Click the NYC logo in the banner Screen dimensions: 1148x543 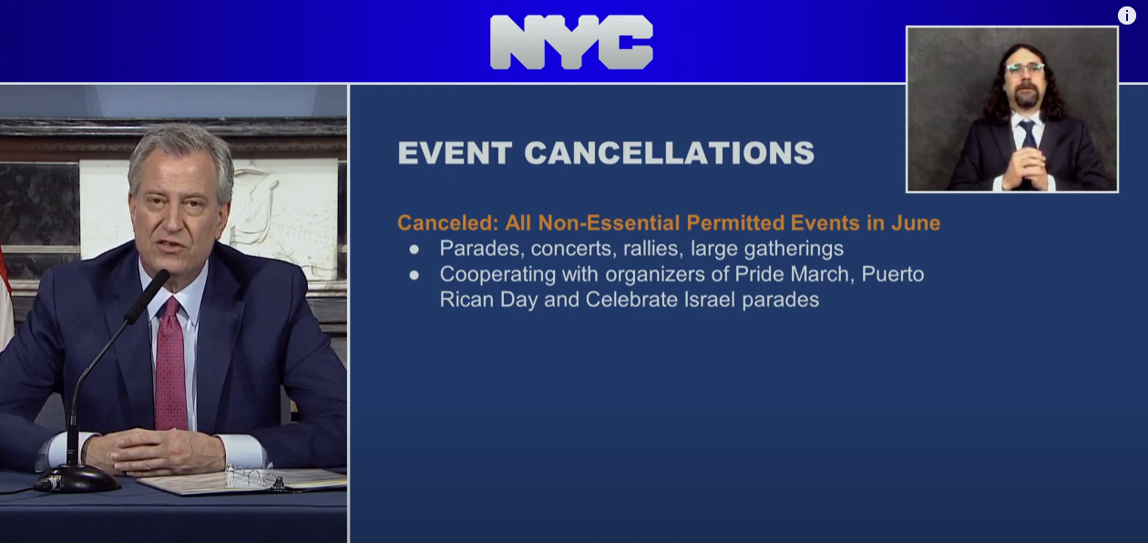point(571,42)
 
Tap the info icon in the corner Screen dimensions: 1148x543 point(1126,15)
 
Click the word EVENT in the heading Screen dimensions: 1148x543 point(455,153)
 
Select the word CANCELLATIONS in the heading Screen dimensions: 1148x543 point(670,153)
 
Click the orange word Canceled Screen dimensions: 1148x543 point(447,223)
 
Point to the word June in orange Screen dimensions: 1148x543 point(916,223)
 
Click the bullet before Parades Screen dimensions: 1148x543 point(414,250)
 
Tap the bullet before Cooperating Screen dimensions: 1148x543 point(414,275)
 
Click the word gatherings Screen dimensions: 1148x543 point(794,250)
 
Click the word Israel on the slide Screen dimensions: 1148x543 point(710,299)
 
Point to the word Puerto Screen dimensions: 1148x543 point(893,274)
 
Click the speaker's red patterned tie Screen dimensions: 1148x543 point(171,364)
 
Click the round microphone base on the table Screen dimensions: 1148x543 point(77,479)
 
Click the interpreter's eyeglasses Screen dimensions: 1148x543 point(1024,68)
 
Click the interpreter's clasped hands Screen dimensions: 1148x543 point(1024,167)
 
